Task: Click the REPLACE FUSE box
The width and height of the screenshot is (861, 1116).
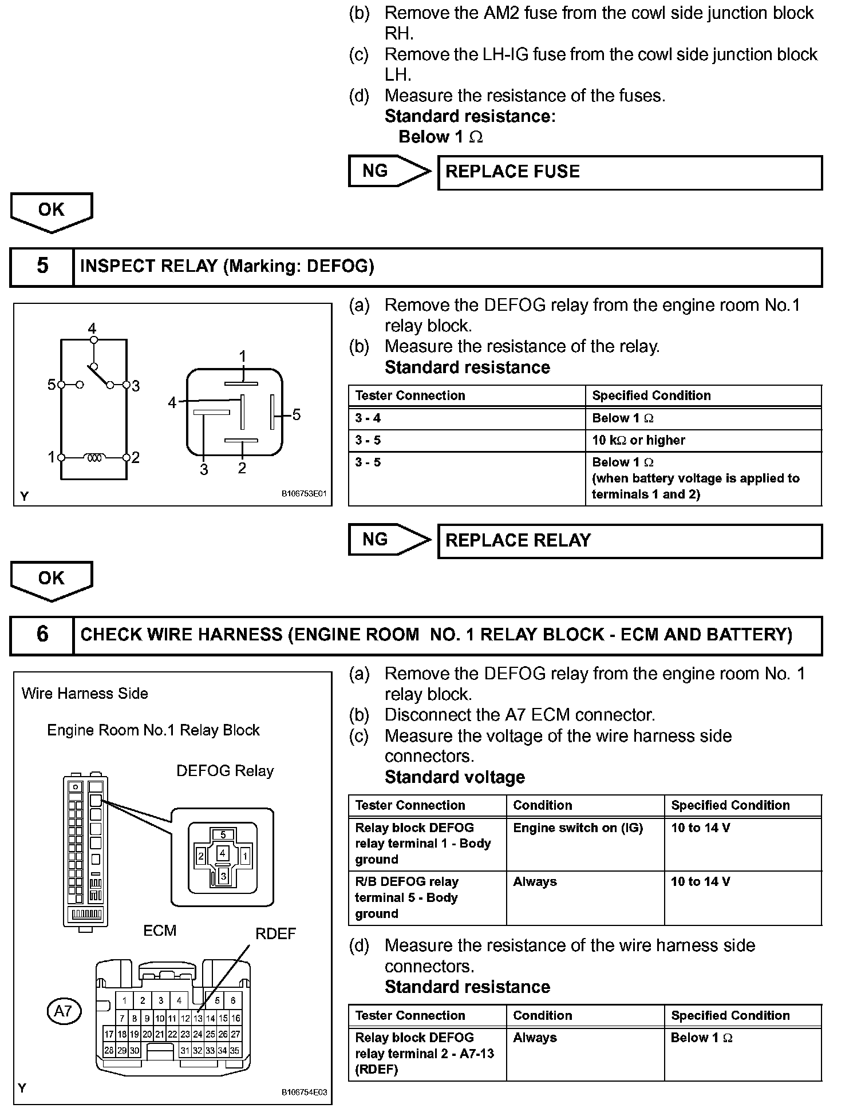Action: click(630, 172)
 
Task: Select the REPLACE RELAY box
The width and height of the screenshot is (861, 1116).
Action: click(630, 541)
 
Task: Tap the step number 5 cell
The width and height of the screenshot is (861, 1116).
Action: click(42, 266)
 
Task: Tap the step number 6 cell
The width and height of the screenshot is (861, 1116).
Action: click(42, 635)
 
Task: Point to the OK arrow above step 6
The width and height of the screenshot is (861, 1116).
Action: click(52, 580)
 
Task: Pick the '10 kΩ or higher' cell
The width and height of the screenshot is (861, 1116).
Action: click(703, 441)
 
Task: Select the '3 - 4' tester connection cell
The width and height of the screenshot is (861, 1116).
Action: click(467, 418)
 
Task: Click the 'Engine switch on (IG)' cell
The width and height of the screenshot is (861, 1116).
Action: click(584, 828)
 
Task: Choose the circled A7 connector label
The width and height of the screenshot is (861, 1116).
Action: click(63, 1011)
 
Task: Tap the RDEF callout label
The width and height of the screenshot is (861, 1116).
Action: click(275, 934)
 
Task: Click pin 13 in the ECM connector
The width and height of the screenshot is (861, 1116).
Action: click(198, 1019)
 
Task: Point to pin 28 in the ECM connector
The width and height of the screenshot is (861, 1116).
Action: click(109, 1050)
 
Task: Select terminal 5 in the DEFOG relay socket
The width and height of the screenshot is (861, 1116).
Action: click(223, 835)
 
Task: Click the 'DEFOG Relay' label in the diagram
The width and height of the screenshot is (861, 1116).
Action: click(224, 771)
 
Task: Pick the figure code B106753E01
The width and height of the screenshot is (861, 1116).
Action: click(303, 494)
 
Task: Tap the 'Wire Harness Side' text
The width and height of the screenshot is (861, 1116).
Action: click(85, 694)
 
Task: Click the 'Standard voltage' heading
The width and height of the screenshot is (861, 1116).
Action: click(455, 777)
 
